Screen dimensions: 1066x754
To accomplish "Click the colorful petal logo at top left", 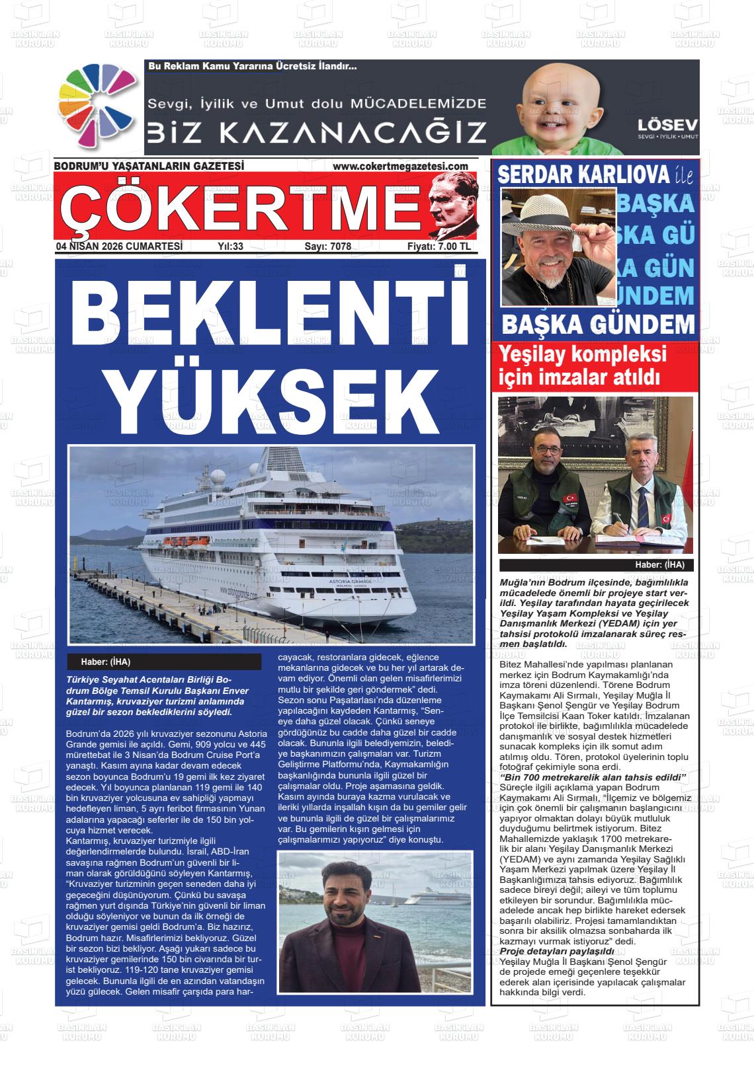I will pyautogui.click(x=97, y=106).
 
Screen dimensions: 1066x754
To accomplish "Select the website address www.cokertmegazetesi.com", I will pyautogui.click(x=400, y=167).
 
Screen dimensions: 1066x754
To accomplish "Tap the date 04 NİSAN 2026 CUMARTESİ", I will pyautogui.click(x=120, y=247).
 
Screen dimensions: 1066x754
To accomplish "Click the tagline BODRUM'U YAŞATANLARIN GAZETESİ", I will pyautogui.click(x=149, y=167).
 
